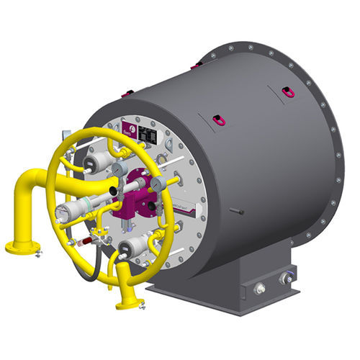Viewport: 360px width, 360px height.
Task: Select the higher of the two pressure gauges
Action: coord(120,168)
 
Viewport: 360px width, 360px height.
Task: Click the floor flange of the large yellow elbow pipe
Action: coord(22,248)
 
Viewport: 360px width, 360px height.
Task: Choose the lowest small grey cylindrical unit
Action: coord(135,249)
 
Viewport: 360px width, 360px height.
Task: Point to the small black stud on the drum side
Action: coord(235,212)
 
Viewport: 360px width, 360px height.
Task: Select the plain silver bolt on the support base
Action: coord(259,289)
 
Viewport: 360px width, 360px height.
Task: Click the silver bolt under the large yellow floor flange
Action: coord(37,253)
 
